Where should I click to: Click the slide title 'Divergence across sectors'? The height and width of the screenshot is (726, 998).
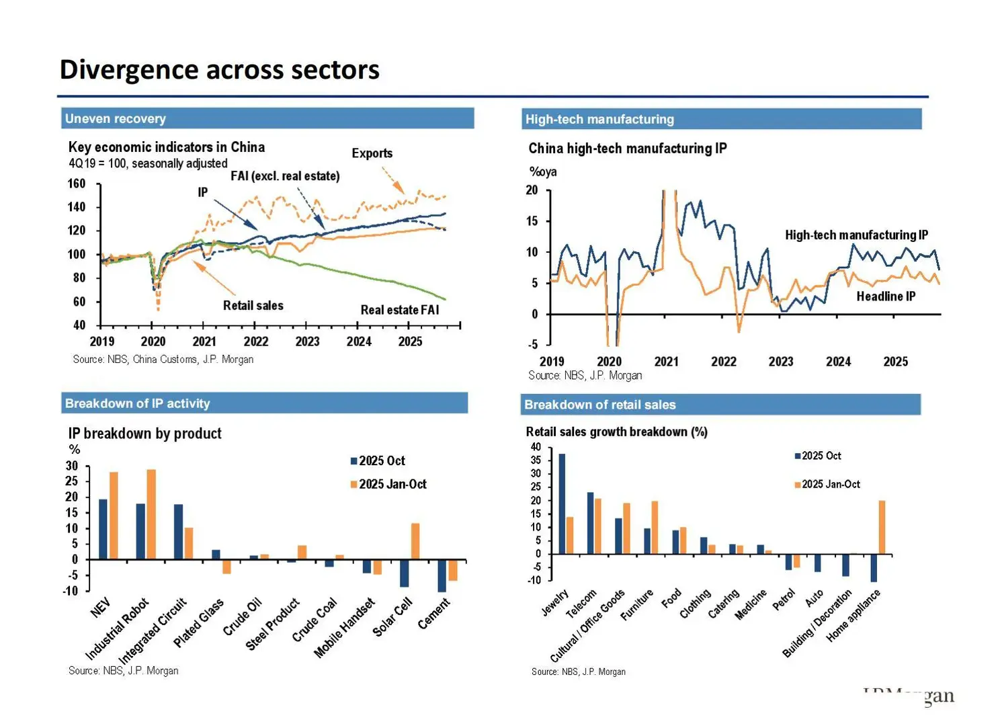[219, 70]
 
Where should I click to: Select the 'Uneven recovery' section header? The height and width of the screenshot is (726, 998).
[115, 119]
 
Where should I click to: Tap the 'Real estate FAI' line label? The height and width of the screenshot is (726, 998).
[399, 310]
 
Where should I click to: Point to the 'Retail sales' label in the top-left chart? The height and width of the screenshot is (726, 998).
[253, 306]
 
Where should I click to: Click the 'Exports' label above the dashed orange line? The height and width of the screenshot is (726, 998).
[372, 153]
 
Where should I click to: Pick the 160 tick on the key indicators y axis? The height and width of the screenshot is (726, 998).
[77, 184]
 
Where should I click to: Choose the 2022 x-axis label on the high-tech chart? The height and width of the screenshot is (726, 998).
[723, 362]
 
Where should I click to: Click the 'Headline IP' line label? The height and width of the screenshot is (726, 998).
[885, 296]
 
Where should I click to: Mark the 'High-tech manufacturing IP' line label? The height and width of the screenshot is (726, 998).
[856, 235]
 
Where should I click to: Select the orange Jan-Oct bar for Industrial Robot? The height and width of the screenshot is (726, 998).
[151, 514]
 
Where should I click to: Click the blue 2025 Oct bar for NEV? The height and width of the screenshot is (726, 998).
[103, 529]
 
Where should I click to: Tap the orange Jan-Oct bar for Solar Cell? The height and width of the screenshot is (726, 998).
[415, 541]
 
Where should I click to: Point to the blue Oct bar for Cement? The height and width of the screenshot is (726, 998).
[442, 575]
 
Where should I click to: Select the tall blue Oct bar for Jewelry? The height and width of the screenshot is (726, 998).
[562, 503]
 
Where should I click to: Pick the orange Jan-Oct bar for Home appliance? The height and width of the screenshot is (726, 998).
[882, 527]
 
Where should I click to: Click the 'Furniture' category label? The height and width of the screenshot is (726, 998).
[636, 605]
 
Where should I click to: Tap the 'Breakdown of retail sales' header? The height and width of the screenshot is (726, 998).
[599, 405]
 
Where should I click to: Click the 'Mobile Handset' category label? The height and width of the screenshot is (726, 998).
[344, 627]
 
